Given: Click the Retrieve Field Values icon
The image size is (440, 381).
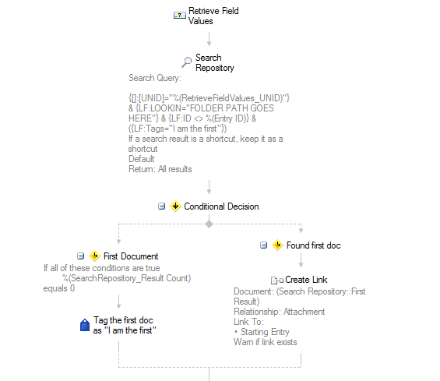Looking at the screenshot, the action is (x=180, y=15).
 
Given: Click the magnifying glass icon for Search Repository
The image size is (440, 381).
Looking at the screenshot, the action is (x=186, y=62).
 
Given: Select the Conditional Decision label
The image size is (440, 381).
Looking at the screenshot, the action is (x=221, y=206).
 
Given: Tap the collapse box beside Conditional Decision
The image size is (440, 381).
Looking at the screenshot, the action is (x=162, y=206).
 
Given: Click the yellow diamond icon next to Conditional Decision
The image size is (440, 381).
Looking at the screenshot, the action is (x=175, y=206).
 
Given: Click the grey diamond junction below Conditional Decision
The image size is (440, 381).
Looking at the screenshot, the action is (x=209, y=224).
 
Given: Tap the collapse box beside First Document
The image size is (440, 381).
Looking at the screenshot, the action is (x=80, y=256).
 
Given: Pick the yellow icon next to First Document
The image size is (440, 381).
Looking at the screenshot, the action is (x=94, y=256).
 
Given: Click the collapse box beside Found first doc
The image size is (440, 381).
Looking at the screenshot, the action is (x=263, y=245).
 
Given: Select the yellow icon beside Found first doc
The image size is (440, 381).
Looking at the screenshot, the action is (x=277, y=245).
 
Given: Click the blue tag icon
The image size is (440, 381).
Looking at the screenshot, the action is (x=85, y=325).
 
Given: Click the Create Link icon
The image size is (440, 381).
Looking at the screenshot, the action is (x=277, y=280).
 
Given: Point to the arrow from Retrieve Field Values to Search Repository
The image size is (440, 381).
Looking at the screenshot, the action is (x=209, y=39).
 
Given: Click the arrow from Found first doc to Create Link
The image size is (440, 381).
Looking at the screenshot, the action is (x=301, y=260).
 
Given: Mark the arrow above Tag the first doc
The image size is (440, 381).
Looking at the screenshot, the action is (x=118, y=302).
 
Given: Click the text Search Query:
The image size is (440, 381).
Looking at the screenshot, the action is (x=155, y=78).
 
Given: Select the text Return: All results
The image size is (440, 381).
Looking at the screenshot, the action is (x=160, y=169).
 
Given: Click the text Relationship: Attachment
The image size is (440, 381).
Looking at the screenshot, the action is (x=280, y=312).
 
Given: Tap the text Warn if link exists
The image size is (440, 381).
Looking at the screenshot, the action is (x=266, y=342).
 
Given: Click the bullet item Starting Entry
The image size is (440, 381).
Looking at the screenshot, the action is (x=262, y=332).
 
